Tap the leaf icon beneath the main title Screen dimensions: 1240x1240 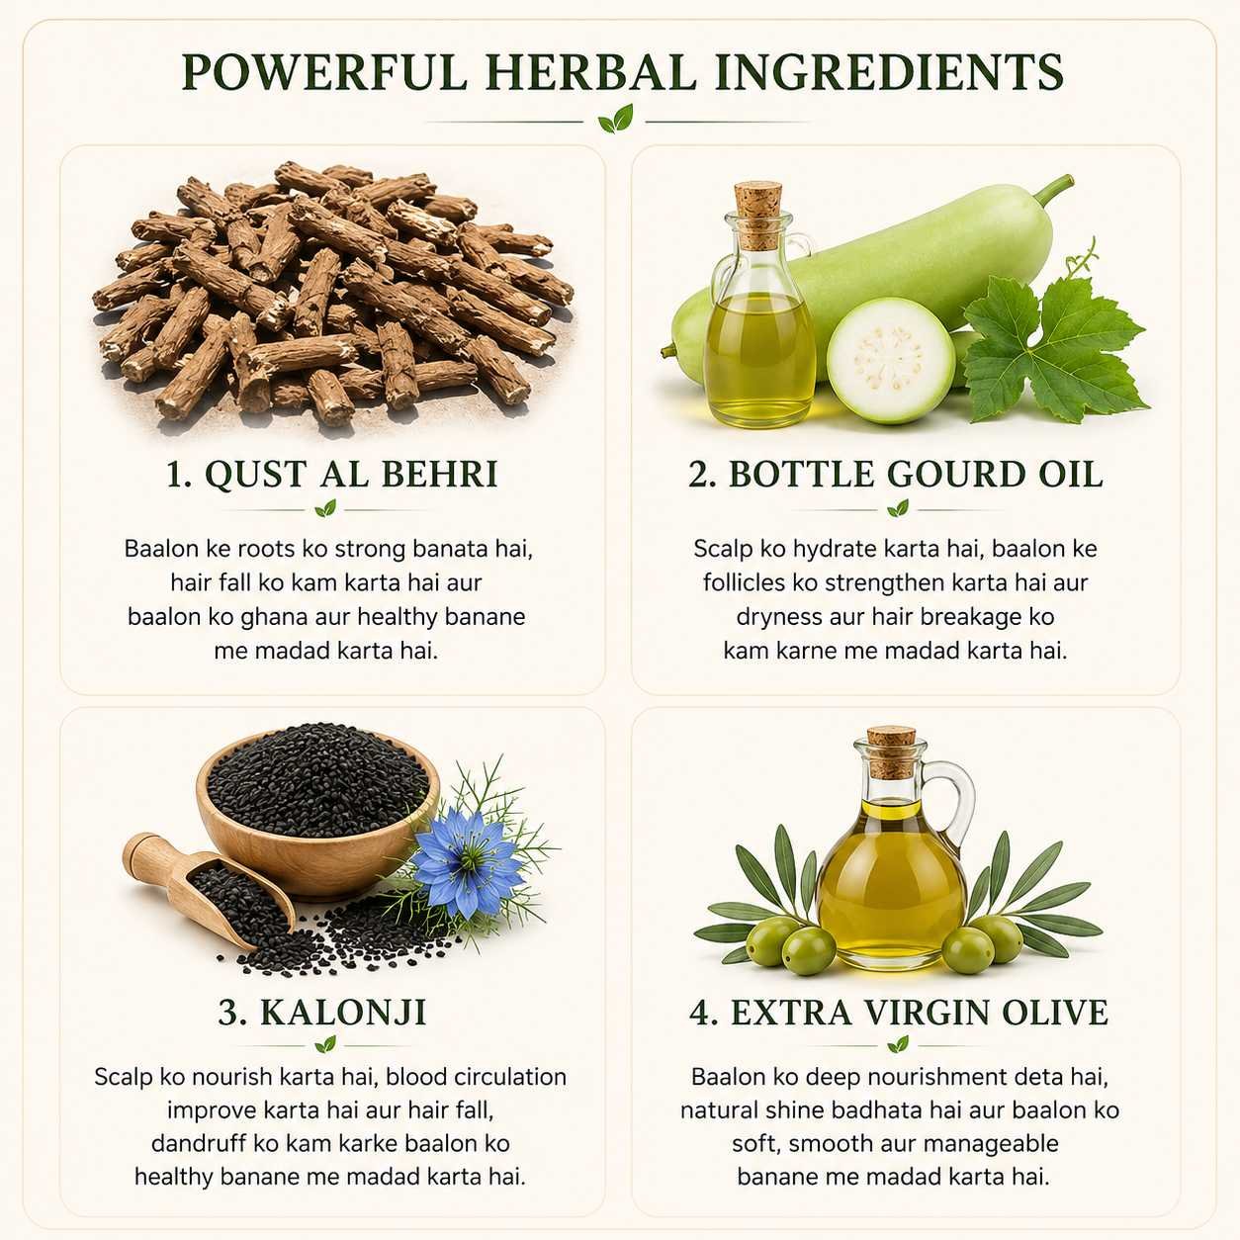[x=616, y=119]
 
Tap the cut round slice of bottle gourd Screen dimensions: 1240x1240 [x=891, y=360]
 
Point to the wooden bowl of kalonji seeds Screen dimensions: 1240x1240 [x=317, y=811]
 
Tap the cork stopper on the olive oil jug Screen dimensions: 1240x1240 [x=891, y=753]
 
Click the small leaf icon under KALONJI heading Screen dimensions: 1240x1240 [x=326, y=1044]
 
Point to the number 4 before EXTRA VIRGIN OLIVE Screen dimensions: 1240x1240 [x=699, y=1013]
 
